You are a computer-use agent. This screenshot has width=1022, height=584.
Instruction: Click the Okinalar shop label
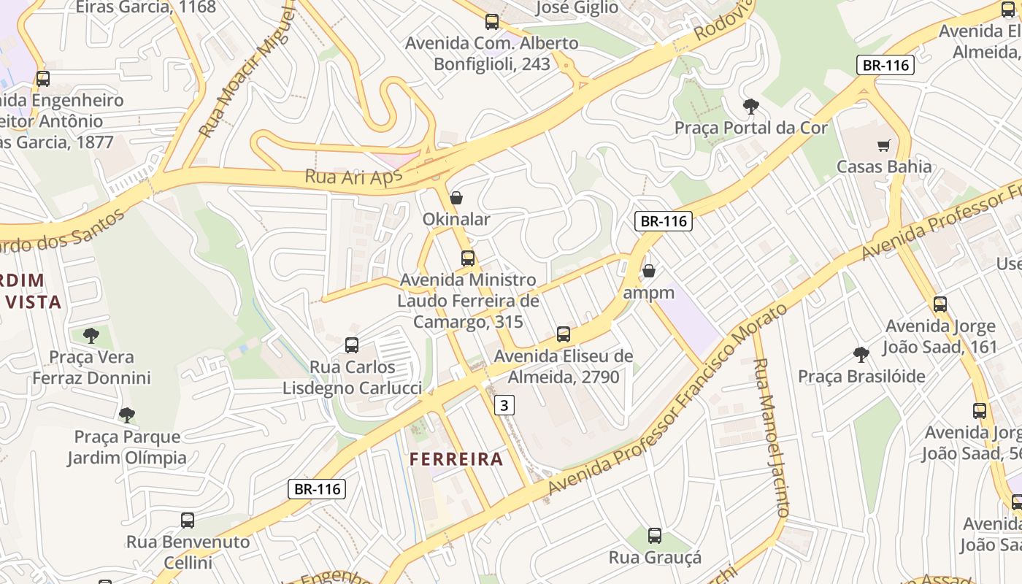pyautogui.click(x=456, y=219)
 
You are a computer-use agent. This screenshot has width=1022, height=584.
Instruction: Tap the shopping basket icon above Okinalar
pyautogui.click(x=456, y=198)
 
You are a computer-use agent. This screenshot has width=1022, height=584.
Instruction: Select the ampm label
pyautogui.click(x=648, y=293)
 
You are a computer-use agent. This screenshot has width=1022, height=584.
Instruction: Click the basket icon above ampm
pyautogui.click(x=648, y=272)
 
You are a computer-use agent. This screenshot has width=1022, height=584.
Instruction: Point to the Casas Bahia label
pyautogui.click(x=884, y=166)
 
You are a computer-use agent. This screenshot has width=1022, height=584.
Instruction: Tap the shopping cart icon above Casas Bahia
pyautogui.click(x=884, y=145)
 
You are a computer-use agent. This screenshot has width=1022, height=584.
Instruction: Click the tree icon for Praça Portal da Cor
pyautogui.click(x=750, y=107)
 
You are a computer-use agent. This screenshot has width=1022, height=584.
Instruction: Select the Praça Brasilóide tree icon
pyautogui.click(x=861, y=355)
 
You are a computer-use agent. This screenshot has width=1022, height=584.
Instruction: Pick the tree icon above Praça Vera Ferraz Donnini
pyautogui.click(x=91, y=336)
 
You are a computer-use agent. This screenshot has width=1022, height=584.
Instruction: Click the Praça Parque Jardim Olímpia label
pyautogui.click(x=127, y=447)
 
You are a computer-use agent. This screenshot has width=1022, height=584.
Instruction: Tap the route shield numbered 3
pyautogui.click(x=504, y=404)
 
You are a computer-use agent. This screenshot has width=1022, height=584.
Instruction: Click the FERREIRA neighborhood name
pyautogui.click(x=456, y=459)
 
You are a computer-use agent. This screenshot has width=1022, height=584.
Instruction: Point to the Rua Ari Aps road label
pyautogui.click(x=348, y=177)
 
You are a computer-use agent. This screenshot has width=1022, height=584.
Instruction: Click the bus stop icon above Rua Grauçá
pyautogui.click(x=655, y=536)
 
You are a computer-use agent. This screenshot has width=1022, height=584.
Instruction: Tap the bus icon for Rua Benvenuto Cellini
pyautogui.click(x=188, y=520)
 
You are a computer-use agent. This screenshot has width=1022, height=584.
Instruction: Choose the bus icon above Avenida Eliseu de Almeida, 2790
pyautogui.click(x=564, y=334)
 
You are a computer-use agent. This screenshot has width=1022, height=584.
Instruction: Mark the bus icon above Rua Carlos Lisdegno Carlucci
pyautogui.click(x=352, y=345)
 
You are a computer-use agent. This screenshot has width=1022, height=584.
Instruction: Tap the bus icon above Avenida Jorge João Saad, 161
pyautogui.click(x=940, y=304)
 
